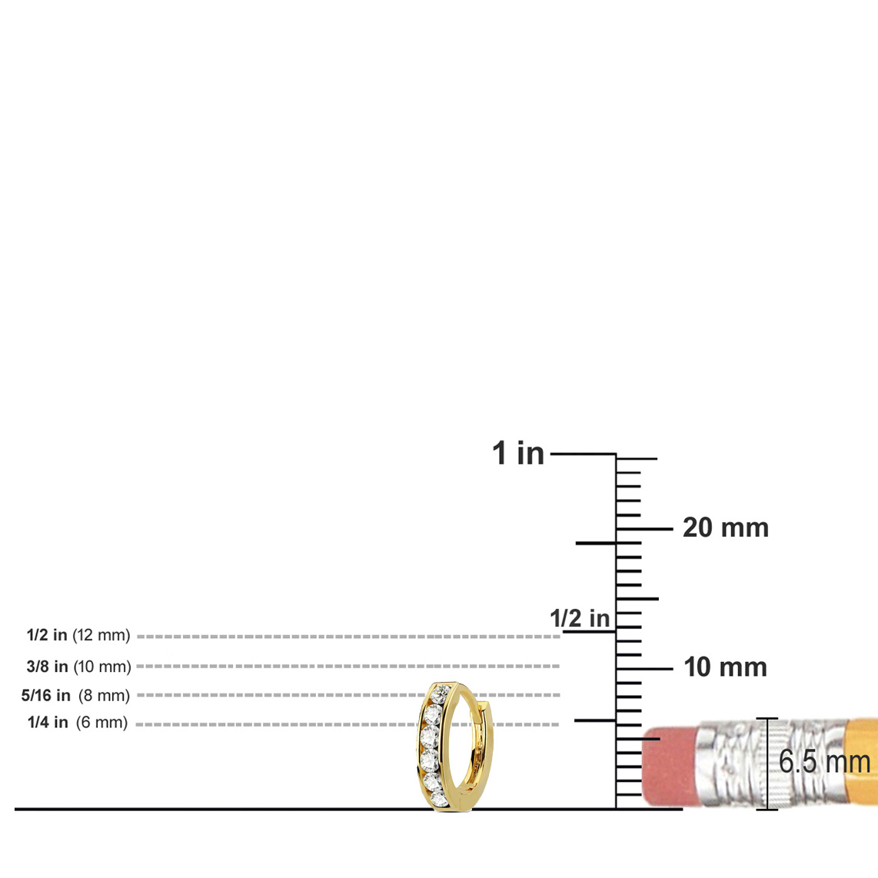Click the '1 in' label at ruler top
pyautogui.click(x=518, y=453)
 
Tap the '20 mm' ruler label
pyautogui.click(x=726, y=528)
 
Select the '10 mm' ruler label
pyautogui.click(x=725, y=667)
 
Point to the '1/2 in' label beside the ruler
pyautogui.click(x=580, y=619)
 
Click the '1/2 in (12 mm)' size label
pyautogui.click(x=78, y=635)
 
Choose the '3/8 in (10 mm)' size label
pyautogui.click(x=78, y=667)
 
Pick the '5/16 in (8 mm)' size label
pyautogui.click(x=75, y=696)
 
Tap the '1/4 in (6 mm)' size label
pyautogui.click(x=78, y=723)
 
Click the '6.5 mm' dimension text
pyautogui.click(x=824, y=762)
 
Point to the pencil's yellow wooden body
pyautogui.click(x=860, y=762)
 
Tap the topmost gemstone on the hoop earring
pyautogui.click(x=439, y=694)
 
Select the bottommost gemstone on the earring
pyautogui.click(x=440, y=800)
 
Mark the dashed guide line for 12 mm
pyautogui.click(x=348, y=637)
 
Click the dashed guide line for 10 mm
pyautogui.click(x=348, y=667)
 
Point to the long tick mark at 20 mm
pyautogui.click(x=644, y=529)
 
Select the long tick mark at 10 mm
pyautogui.click(x=644, y=669)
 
